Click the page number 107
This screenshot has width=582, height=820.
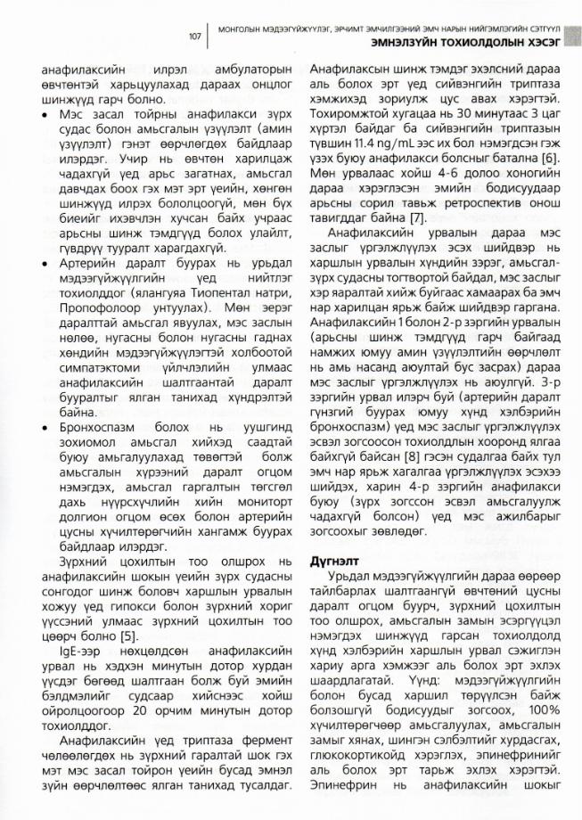[x=194, y=37]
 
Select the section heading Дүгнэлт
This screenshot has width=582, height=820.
[x=333, y=562]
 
